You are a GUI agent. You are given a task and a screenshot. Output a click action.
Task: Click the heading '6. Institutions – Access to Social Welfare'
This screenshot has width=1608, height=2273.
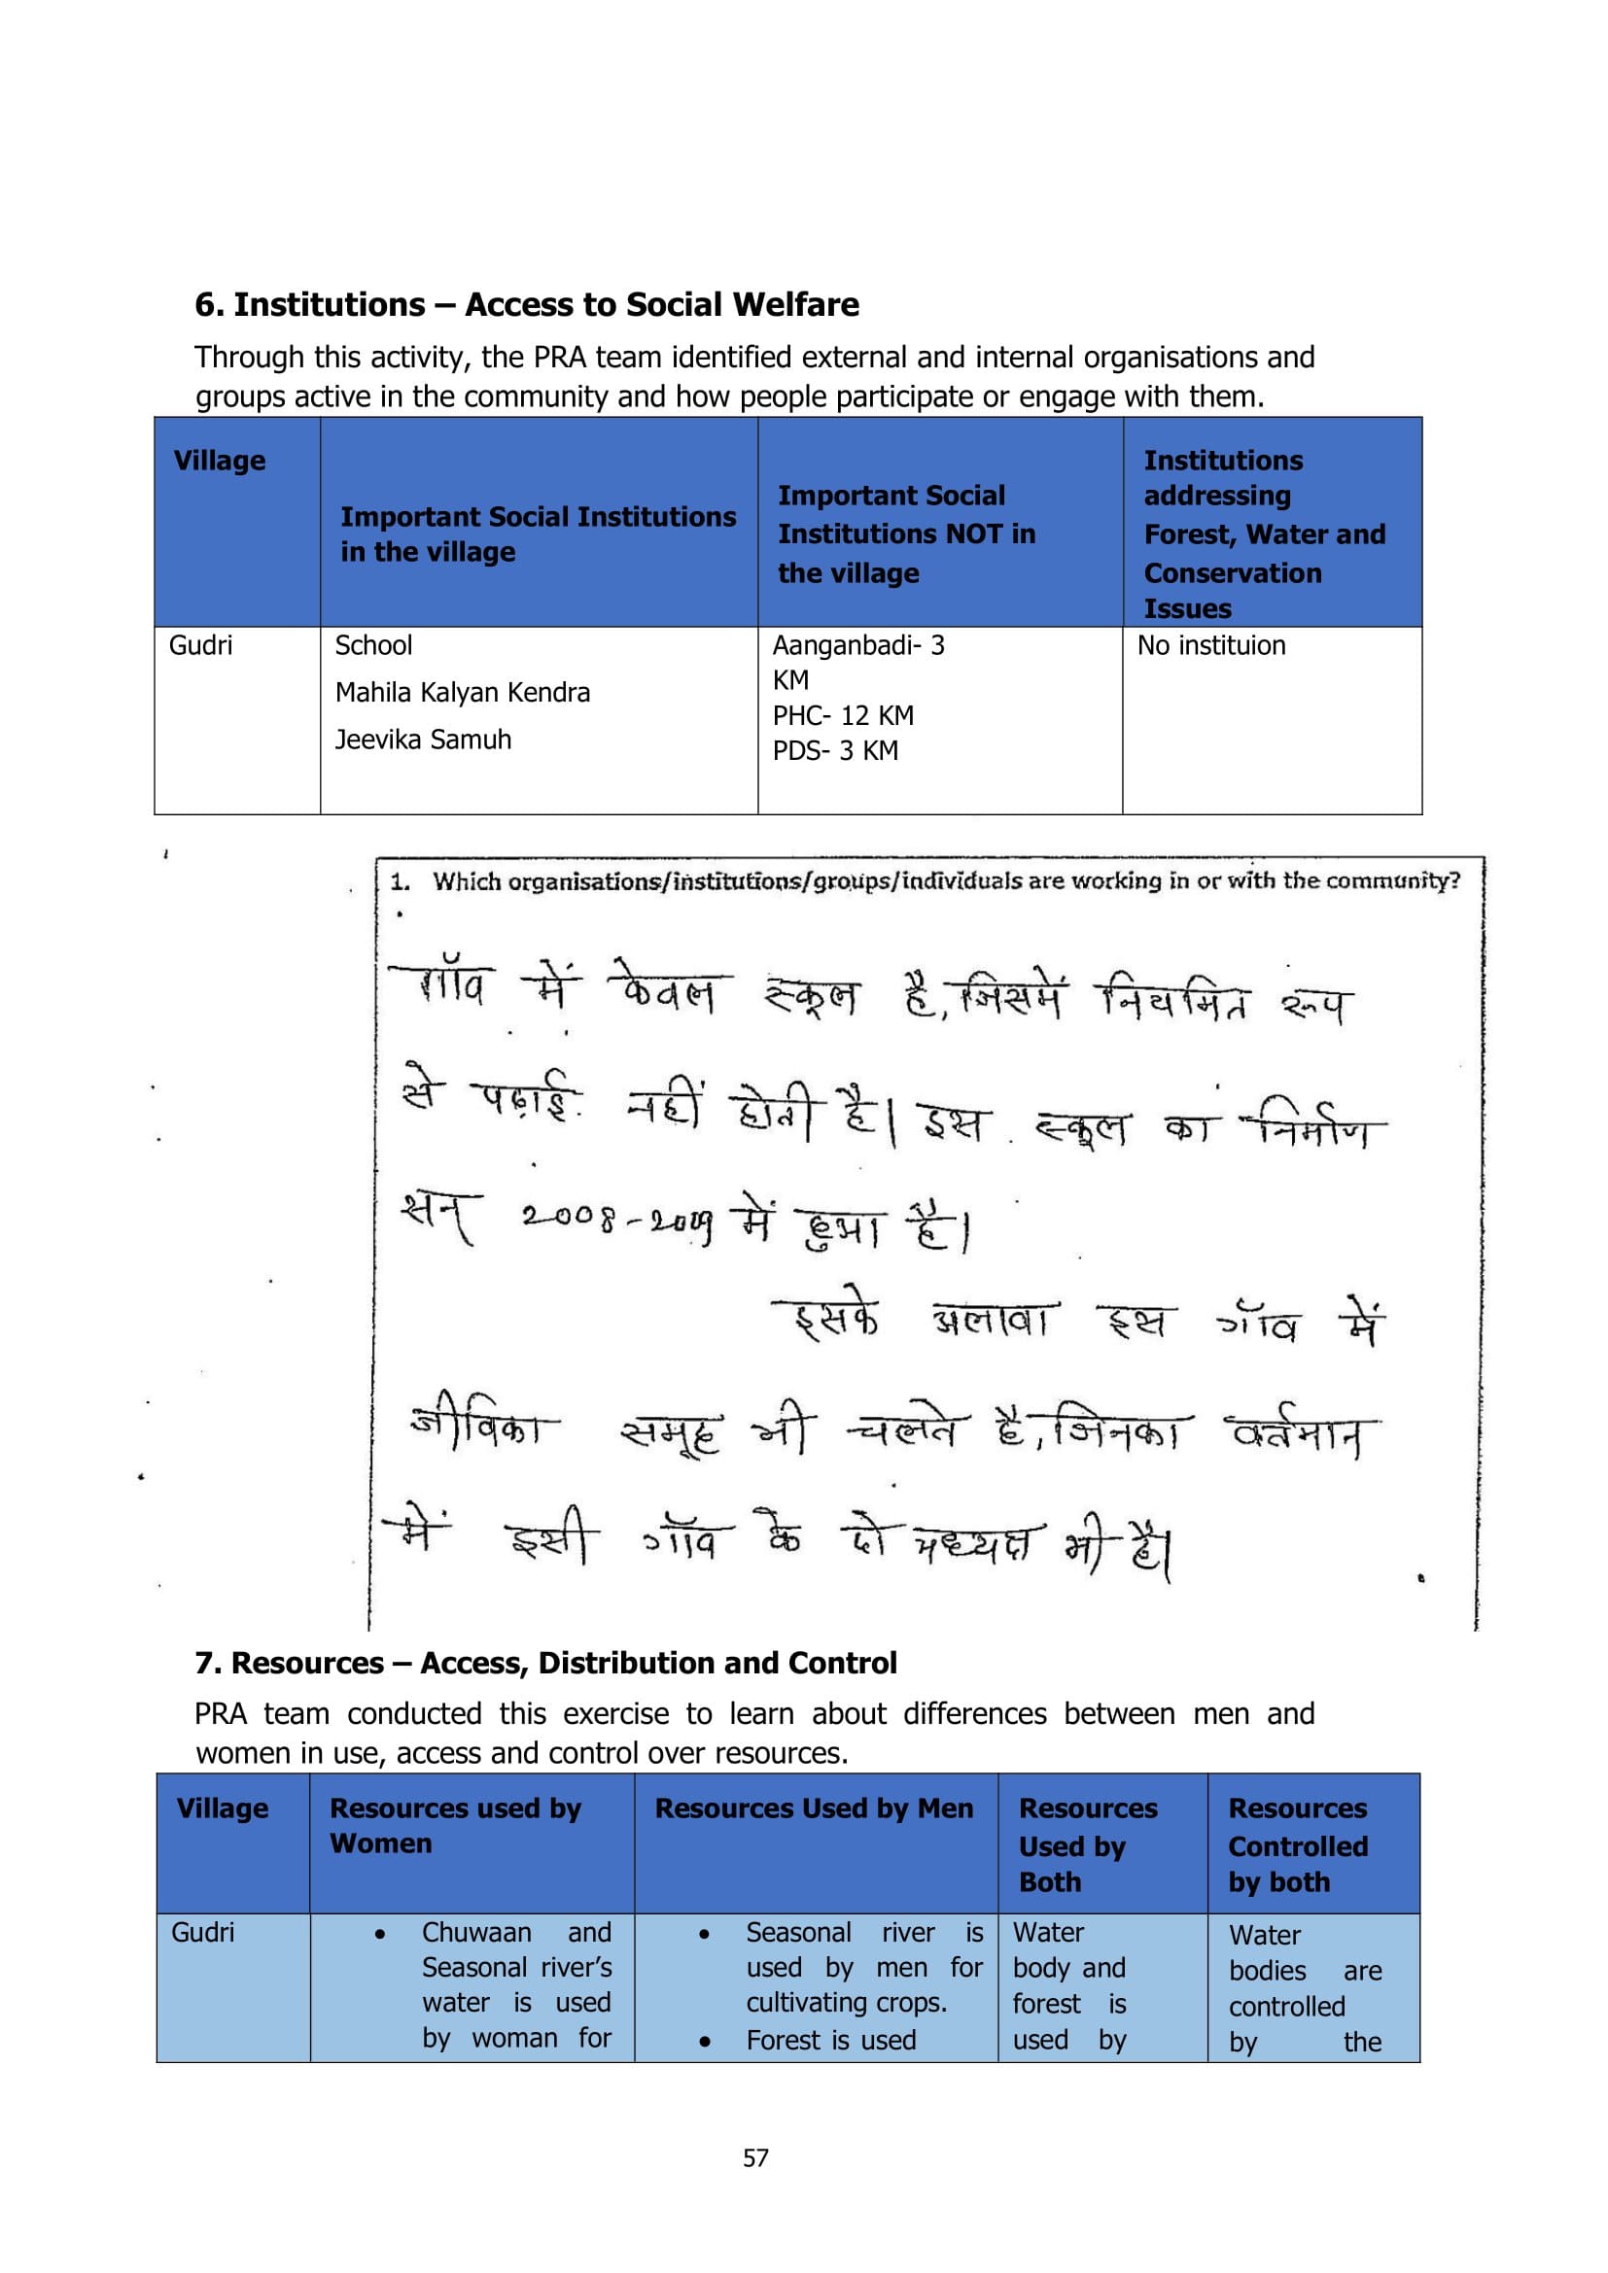(526, 305)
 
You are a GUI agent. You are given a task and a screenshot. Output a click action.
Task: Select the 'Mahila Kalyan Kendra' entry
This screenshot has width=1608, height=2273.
(463, 693)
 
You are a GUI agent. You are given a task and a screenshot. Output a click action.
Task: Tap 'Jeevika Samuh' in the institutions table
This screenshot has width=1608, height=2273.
(423, 740)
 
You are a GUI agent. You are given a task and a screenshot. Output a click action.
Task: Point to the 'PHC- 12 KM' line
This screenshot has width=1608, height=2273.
(843, 716)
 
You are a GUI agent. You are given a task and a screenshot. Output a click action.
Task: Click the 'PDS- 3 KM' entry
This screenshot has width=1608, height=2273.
(835, 751)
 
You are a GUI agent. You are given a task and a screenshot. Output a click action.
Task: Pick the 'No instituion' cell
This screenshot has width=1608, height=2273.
(1211, 646)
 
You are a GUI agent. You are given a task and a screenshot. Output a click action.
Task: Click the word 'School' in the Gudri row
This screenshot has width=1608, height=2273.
(373, 646)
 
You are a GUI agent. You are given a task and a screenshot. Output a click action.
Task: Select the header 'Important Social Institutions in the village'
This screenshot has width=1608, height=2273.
(538, 534)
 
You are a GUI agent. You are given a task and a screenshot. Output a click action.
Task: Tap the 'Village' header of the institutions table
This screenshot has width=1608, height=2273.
(220, 462)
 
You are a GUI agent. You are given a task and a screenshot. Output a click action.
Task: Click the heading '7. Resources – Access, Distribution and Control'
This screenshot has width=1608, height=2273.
(545, 1663)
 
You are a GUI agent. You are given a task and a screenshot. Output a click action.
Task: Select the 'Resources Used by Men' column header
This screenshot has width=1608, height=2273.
(814, 1808)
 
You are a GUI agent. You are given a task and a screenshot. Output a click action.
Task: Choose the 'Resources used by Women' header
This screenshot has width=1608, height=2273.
(455, 1826)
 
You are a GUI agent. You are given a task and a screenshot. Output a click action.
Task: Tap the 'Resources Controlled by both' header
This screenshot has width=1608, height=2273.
(1298, 1845)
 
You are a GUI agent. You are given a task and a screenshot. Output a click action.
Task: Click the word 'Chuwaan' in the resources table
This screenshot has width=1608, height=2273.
(476, 1933)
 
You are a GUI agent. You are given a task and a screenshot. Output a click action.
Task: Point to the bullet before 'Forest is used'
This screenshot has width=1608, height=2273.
(704, 2042)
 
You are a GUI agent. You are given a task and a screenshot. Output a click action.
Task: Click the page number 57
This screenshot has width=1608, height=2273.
(755, 2158)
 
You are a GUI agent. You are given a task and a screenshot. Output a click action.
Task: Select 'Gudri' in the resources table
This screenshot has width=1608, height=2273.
(203, 1933)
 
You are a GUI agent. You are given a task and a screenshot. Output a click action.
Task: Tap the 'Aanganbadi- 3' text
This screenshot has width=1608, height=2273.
(858, 646)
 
